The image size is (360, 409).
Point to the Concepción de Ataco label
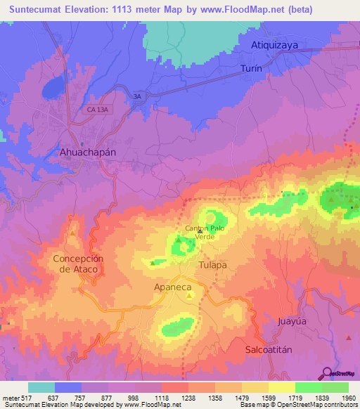(x=78, y=264)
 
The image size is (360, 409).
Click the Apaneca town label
(x=173, y=287)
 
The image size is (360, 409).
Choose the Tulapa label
(x=212, y=265)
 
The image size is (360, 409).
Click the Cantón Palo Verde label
(x=205, y=233)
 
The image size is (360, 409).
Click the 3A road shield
(x=138, y=96)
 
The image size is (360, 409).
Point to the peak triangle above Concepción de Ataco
(x=72, y=233)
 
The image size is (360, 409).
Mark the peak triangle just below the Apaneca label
(x=188, y=296)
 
